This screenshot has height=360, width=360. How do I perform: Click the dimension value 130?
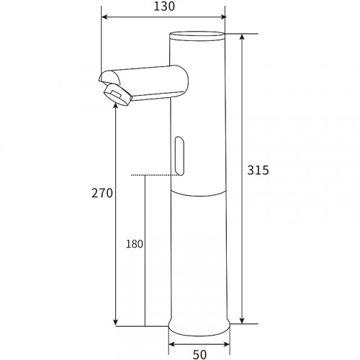pyautogui.click(x=163, y=6)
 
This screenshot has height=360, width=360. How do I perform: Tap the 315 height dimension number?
pyautogui.click(x=257, y=171)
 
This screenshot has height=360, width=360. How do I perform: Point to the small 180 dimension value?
pyautogui.click(x=134, y=243)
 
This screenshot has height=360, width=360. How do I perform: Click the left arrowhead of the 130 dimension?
pyautogui.click(x=104, y=17)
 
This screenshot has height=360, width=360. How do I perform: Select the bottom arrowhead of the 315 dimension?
pyautogui.click(x=241, y=320)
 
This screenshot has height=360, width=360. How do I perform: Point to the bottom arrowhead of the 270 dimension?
pyautogui.click(x=115, y=322)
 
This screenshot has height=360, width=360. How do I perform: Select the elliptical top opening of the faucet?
pyautogui.click(x=197, y=35)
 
